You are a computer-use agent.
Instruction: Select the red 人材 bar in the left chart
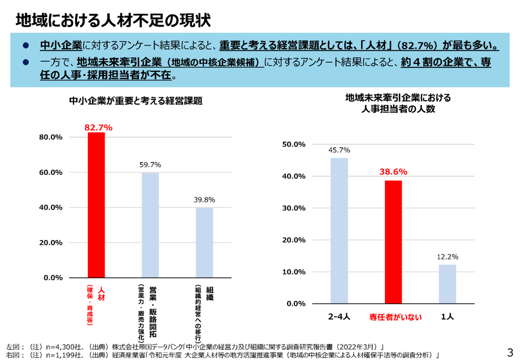tap(96, 205)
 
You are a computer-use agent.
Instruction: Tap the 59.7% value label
tap(150, 164)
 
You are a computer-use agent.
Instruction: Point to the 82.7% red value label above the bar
tap(98, 128)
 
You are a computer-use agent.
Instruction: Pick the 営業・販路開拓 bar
tap(150, 225)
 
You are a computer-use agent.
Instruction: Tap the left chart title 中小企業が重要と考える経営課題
tap(136, 101)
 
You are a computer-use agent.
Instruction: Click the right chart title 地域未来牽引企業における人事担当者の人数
tap(398, 103)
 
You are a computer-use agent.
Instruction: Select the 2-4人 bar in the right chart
tap(339, 231)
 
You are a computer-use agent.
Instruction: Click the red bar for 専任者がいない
tap(393, 242)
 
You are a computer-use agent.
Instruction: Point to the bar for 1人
tap(448, 284)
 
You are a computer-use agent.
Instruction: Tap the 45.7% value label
tap(339, 150)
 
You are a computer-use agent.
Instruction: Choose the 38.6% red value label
tap(393, 171)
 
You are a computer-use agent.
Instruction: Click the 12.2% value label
tap(448, 257)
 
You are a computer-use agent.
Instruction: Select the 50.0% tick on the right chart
tap(294, 144)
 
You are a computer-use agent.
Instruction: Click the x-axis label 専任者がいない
tap(396, 317)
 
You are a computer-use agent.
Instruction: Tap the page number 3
tap(509, 352)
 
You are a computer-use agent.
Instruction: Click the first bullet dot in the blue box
tap(25, 45)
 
